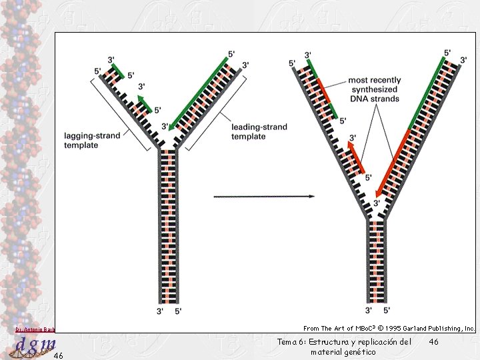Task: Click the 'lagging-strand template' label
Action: tap(93, 140)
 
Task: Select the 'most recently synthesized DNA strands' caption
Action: tap(373, 89)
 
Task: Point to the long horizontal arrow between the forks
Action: tap(264, 197)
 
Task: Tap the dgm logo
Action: tap(35, 345)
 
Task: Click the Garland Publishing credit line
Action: tap(389, 328)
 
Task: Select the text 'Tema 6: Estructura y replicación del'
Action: tap(343, 341)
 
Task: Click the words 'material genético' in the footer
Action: tap(343, 351)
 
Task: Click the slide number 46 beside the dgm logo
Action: tap(58, 355)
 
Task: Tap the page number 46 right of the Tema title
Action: tap(434, 341)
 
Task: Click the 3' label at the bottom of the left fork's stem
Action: tap(160, 310)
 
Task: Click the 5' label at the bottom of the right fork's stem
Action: tap(387, 310)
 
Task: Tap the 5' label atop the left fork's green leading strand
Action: tap(231, 53)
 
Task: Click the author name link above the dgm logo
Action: tap(35, 329)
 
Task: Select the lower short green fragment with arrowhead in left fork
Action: tap(149, 104)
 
